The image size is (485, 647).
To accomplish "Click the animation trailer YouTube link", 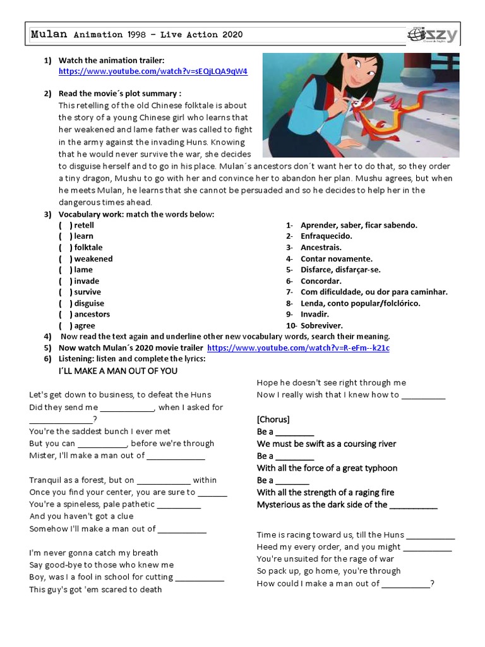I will pos(153,71).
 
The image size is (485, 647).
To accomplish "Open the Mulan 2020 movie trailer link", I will pos(298,348).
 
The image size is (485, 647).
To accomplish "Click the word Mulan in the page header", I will pos(49,35).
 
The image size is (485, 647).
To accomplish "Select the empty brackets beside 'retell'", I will pos(65,225).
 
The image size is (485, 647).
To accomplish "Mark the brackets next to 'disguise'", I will pos(65,303).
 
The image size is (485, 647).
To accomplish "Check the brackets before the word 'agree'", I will pos(65,325).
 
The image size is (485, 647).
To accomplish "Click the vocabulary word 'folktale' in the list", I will pos(88,247).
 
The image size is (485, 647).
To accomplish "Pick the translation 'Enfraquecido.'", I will pos(326,236).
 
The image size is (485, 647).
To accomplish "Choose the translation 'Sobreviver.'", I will pos(321,325).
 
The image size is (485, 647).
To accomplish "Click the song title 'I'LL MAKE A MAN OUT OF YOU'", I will pos(118,370).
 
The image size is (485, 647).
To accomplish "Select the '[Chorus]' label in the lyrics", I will pos(273,419).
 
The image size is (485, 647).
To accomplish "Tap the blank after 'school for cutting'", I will pos(200,577).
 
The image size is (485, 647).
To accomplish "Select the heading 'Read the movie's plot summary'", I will pos(120,94).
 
